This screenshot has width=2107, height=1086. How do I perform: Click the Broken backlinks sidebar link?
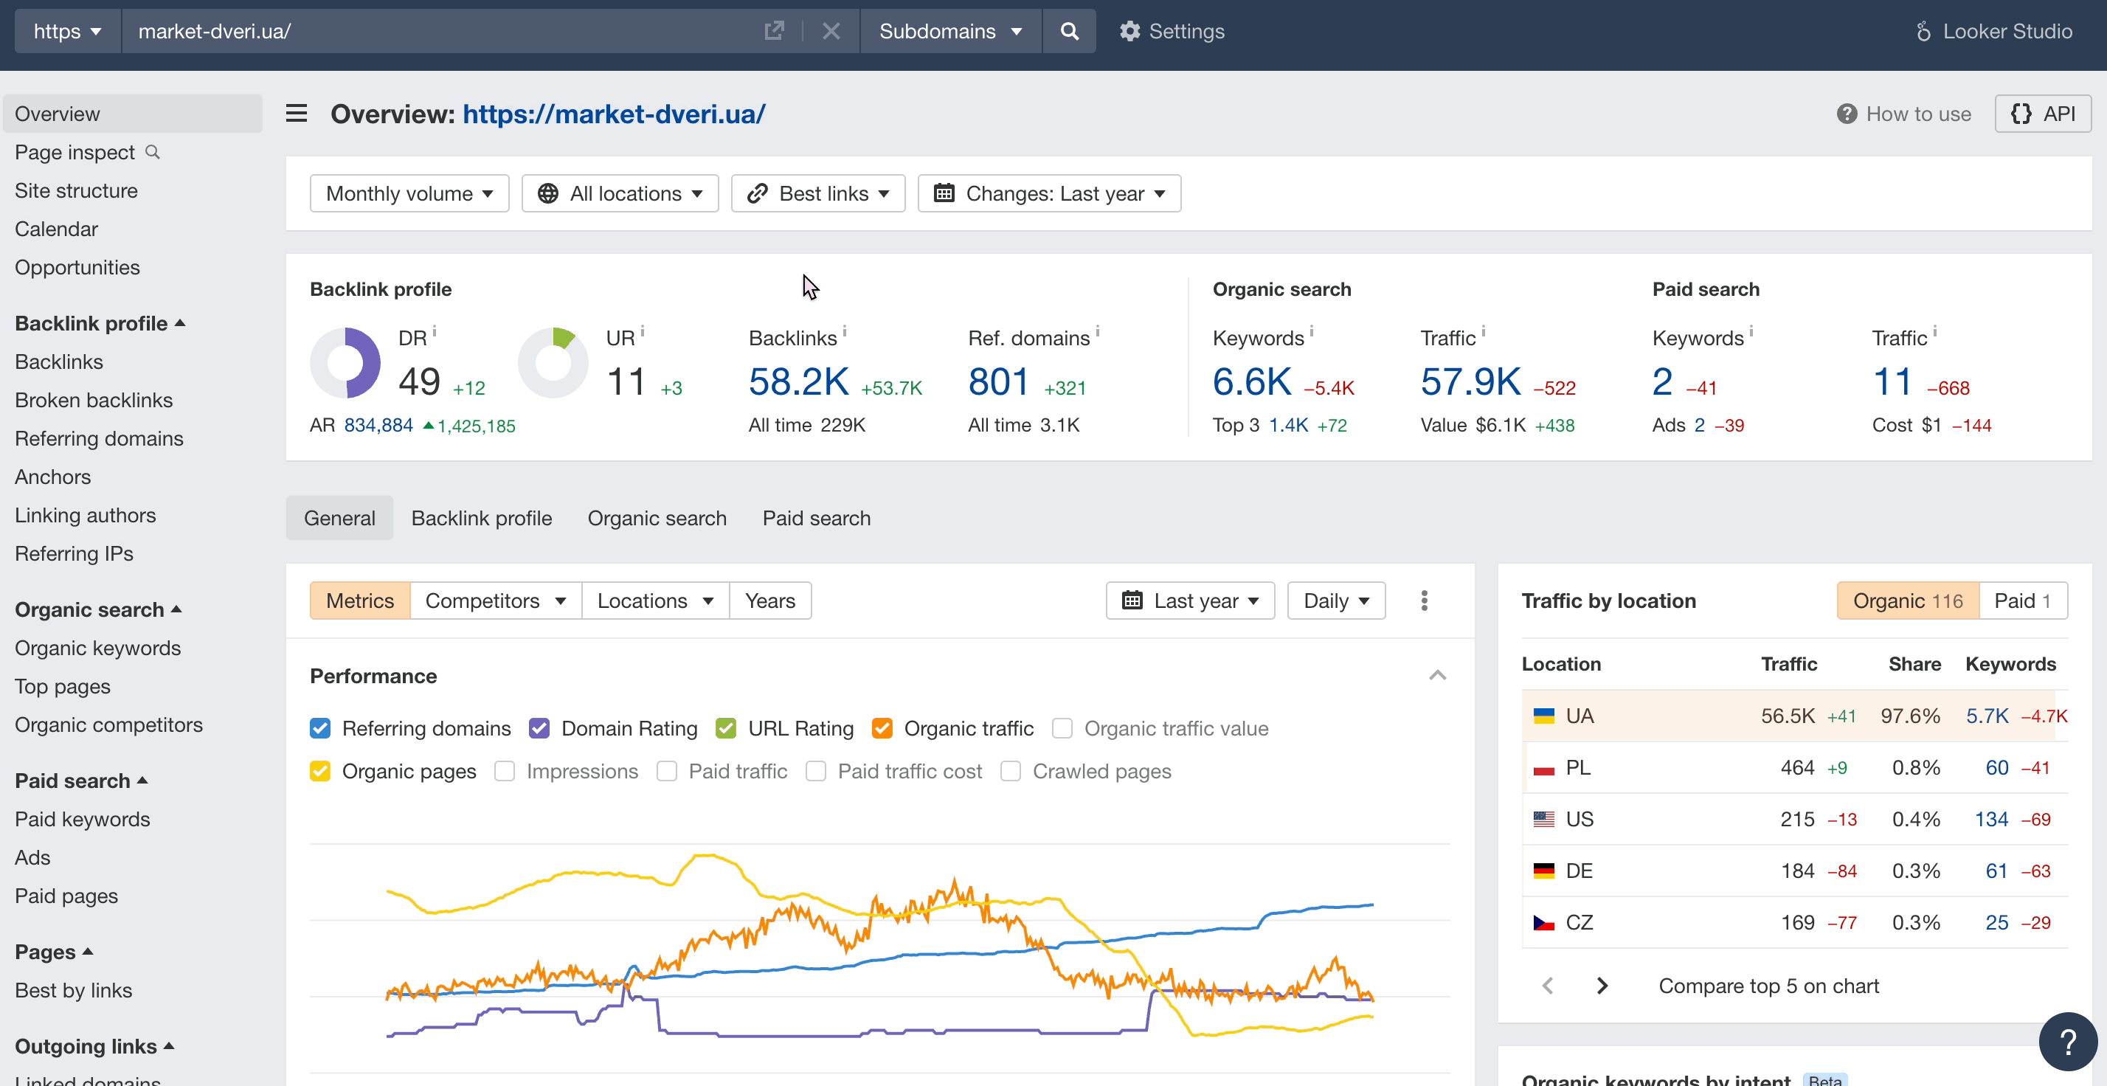point(93,400)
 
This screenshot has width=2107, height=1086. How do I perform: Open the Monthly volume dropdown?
point(409,193)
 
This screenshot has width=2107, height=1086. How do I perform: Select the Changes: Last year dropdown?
point(1048,193)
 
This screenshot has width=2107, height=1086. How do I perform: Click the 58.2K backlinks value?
point(798,382)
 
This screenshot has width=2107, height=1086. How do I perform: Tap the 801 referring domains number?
point(998,382)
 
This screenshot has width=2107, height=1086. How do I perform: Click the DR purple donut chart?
point(345,362)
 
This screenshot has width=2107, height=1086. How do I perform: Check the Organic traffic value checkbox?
point(1062,728)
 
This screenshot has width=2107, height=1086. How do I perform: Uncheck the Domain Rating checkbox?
point(539,728)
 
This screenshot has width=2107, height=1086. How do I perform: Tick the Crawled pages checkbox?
point(1010,771)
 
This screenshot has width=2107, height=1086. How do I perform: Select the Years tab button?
point(769,601)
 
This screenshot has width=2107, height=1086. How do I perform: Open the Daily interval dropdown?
point(1335,601)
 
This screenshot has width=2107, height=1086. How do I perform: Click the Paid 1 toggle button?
point(2022,601)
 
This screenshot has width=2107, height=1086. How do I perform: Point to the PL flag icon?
point(1543,768)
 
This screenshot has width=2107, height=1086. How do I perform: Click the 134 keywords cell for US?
point(1991,819)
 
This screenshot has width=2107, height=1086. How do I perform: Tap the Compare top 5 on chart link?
point(1768,986)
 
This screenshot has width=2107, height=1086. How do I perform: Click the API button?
point(2042,114)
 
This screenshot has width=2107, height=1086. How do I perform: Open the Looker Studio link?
point(1994,31)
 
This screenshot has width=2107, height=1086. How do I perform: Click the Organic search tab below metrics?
point(657,518)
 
